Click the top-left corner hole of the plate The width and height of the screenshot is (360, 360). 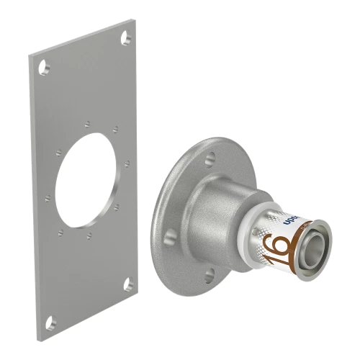coord(42,70)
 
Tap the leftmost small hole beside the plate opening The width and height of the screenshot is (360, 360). coord(47,194)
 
